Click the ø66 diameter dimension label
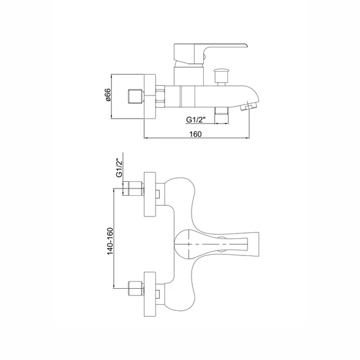pos(108,95)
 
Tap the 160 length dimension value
pos(195,134)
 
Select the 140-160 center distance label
pos(111,241)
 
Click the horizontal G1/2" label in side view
pos(196,120)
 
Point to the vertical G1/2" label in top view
pos(119,168)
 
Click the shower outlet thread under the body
pos(221,116)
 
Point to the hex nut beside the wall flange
pos(161,97)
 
